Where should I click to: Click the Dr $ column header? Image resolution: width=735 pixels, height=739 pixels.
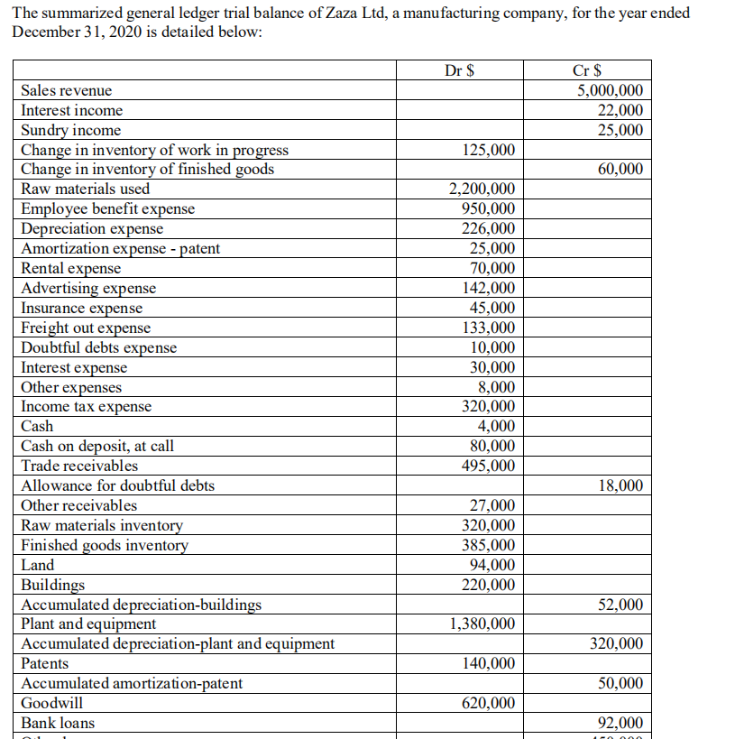click(x=461, y=70)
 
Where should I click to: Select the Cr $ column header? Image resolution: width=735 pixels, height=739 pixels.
click(x=588, y=70)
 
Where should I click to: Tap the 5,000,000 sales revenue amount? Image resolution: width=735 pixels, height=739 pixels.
click(x=610, y=90)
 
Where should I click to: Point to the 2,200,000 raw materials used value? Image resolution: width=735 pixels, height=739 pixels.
click(x=482, y=189)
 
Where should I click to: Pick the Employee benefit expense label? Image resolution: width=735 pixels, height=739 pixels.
click(x=107, y=209)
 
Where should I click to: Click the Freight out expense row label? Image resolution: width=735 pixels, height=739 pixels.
click(x=86, y=328)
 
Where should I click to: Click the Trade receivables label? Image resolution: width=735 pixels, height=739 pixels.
click(x=79, y=466)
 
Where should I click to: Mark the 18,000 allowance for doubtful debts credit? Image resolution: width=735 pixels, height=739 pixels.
click(x=620, y=486)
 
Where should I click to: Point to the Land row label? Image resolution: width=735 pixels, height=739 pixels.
click(x=37, y=565)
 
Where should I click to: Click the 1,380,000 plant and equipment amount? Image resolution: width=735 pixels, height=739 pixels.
click(x=482, y=624)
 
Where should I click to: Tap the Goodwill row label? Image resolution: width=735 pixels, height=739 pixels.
click(x=51, y=703)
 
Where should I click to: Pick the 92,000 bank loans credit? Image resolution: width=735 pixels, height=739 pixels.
click(x=620, y=723)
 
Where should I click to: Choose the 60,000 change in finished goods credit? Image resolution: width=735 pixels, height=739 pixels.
click(x=620, y=170)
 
